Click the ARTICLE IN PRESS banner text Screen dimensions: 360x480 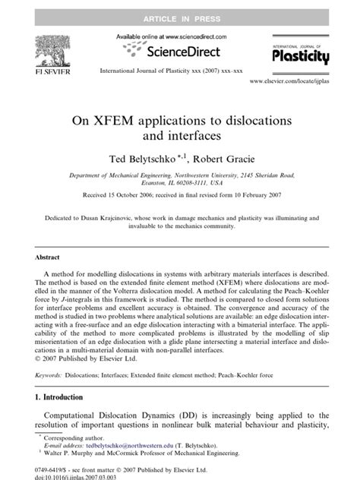(x=179, y=8)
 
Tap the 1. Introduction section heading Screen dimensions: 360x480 (x=63, y=396)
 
